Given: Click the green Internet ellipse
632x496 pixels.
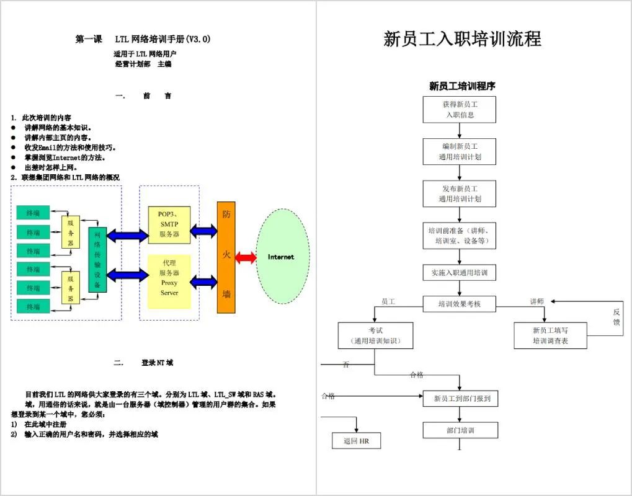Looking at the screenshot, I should pyautogui.click(x=283, y=257).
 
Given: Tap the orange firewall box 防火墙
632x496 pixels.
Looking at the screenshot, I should pyautogui.click(x=226, y=257).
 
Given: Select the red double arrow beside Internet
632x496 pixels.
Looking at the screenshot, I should pyautogui.click(x=246, y=258).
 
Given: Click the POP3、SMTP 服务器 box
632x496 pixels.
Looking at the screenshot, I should pyautogui.click(x=169, y=224).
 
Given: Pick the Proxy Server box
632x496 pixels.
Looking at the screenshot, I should pyautogui.click(x=169, y=281).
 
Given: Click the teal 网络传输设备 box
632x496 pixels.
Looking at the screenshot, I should pyautogui.click(x=97, y=260).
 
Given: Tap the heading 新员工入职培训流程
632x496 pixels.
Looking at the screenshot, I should pyautogui.click(x=462, y=39).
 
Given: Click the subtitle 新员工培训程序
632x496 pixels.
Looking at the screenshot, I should pyautogui.click(x=462, y=86).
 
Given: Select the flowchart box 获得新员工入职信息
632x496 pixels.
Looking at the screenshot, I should pyautogui.click(x=460, y=110).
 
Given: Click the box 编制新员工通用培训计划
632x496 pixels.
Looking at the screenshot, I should pyautogui.click(x=460, y=152).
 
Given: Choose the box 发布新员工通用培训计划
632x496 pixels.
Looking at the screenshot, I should pyautogui.click(x=460, y=193).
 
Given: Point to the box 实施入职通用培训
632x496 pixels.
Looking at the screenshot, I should pyautogui.click(x=460, y=272).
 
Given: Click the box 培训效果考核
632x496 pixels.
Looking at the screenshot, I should pyautogui.click(x=460, y=304).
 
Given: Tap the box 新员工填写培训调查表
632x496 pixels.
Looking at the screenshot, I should pyautogui.click(x=550, y=335).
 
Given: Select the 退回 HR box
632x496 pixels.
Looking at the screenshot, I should pyautogui.click(x=356, y=441).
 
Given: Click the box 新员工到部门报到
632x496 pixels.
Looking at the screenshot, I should pyautogui.click(x=460, y=399).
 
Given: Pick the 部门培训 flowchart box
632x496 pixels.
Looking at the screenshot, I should pyautogui.click(x=460, y=430).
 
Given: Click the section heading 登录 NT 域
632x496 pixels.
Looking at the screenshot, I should pyautogui.click(x=157, y=363).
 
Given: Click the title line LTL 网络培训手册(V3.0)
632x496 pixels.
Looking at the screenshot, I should pyautogui.click(x=162, y=39).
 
